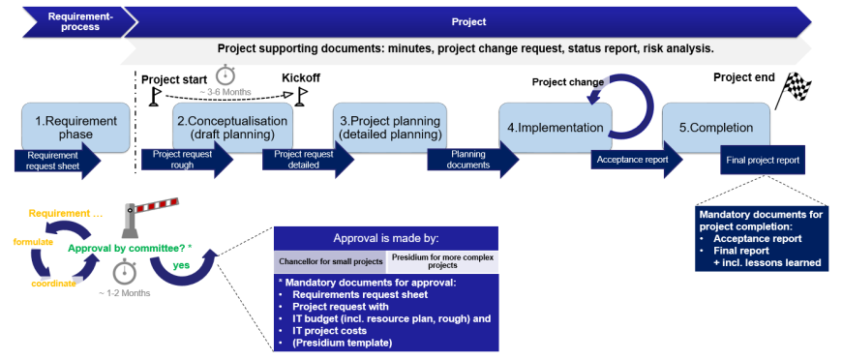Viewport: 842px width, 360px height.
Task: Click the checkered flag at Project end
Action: click(794, 90)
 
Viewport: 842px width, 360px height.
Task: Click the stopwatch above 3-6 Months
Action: click(226, 75)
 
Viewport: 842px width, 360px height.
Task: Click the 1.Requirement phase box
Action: click(75, 127)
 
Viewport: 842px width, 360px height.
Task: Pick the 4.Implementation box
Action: click(556, 128)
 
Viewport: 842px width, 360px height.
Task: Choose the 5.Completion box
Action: click(716, 128)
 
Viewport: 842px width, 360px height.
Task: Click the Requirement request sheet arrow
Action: click(57, 160)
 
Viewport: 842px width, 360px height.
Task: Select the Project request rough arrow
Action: click(188, 160)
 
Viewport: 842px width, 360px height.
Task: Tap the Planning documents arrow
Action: click(473, 160)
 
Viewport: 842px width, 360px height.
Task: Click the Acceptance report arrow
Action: click(637, 160)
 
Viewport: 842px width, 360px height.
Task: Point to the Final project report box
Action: click(763, 160)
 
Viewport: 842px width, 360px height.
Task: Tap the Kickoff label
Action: click(301, 78)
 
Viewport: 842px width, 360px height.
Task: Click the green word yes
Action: click(181, 265)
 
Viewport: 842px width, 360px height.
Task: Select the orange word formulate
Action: click(33, 242)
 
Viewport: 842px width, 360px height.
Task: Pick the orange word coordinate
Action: click(53, 284)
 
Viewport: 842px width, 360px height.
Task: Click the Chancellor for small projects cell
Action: click(330, 261)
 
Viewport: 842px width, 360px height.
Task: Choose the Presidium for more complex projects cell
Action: click(442, 261)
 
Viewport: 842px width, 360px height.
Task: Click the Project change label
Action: click(567, 82)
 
